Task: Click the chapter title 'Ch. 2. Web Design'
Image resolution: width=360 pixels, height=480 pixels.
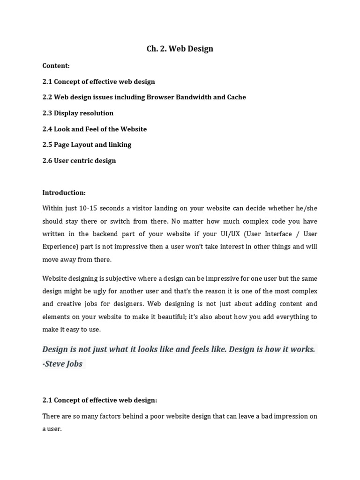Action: point(180,49)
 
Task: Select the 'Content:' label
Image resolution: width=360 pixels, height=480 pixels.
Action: point(56,66)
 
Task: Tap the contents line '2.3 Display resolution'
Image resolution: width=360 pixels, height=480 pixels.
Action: point(78,113)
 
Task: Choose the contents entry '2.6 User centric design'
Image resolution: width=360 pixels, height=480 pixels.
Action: point(79,160)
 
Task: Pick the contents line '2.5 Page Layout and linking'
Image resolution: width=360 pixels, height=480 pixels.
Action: point(87,144)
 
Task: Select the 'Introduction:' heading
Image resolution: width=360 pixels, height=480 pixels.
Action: point(64,192)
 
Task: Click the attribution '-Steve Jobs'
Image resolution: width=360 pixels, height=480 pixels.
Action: point(62,364)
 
